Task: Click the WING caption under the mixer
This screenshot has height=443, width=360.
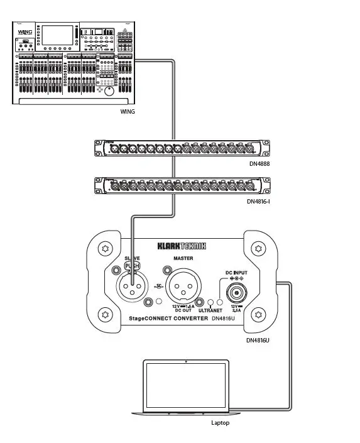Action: pos(128,112)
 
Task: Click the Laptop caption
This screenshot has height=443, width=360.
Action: pos(220,423)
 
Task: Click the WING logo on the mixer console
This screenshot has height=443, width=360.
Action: pos(25,31)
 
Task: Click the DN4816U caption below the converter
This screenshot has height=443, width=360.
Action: pos(258,340)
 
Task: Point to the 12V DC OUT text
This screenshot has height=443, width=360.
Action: pos(183,308)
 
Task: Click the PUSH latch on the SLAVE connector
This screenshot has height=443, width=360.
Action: pos(133,266)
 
